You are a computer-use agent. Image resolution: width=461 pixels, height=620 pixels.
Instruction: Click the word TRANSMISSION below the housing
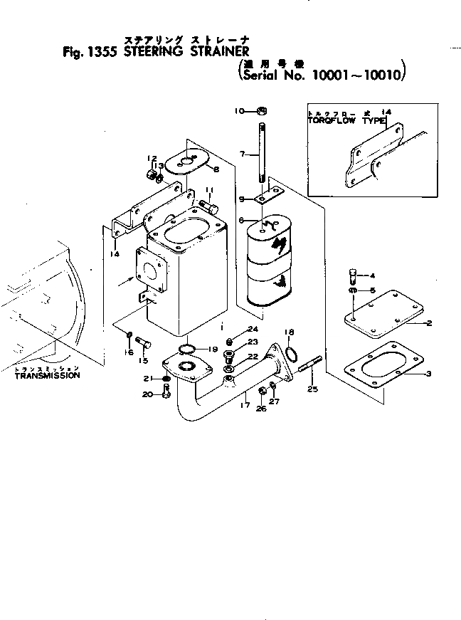pos(47,375)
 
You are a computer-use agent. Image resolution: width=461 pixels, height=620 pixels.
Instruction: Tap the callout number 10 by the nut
pos(240,110)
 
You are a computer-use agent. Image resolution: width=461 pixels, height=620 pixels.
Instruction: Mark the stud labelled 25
pos(307,369)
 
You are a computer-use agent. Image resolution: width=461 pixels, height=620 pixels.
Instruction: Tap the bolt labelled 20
pos(166,391)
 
